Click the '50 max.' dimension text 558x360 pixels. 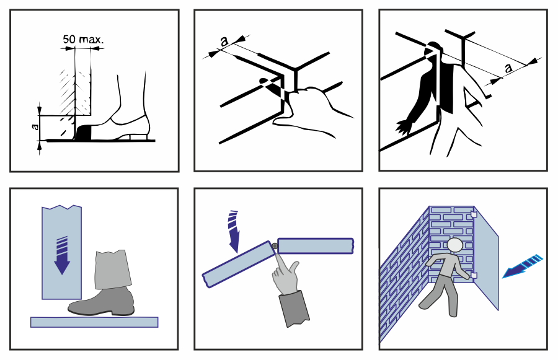(83, 40)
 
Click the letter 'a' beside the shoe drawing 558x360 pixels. (36, 130)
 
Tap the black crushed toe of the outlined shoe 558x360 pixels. (84, 133)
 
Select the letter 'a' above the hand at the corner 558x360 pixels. (224, 41)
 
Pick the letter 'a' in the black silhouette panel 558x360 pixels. (508, 68)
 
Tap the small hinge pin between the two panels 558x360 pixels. (273, 247)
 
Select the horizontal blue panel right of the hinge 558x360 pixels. (316, 246)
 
